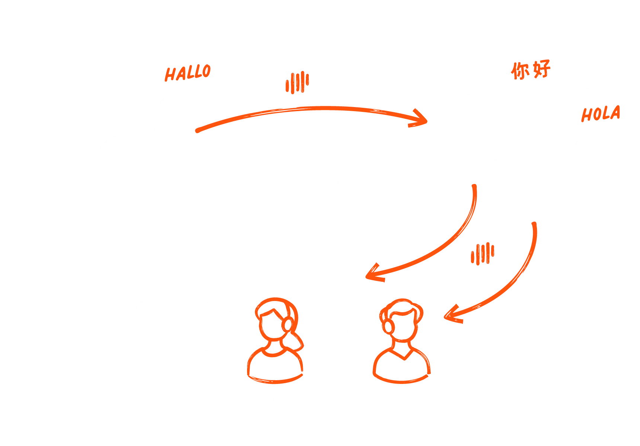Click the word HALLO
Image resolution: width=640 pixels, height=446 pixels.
(x=188, y=72)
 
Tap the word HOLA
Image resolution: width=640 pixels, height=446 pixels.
(x=601, y=114)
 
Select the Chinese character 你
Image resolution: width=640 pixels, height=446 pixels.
(x=520, y=71)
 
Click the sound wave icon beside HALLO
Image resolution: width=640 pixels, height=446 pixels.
(x=297, y=83)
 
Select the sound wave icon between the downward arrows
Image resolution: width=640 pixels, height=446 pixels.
(x=483, y=254)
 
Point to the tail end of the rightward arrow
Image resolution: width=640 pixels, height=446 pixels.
(x=198, y=130)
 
